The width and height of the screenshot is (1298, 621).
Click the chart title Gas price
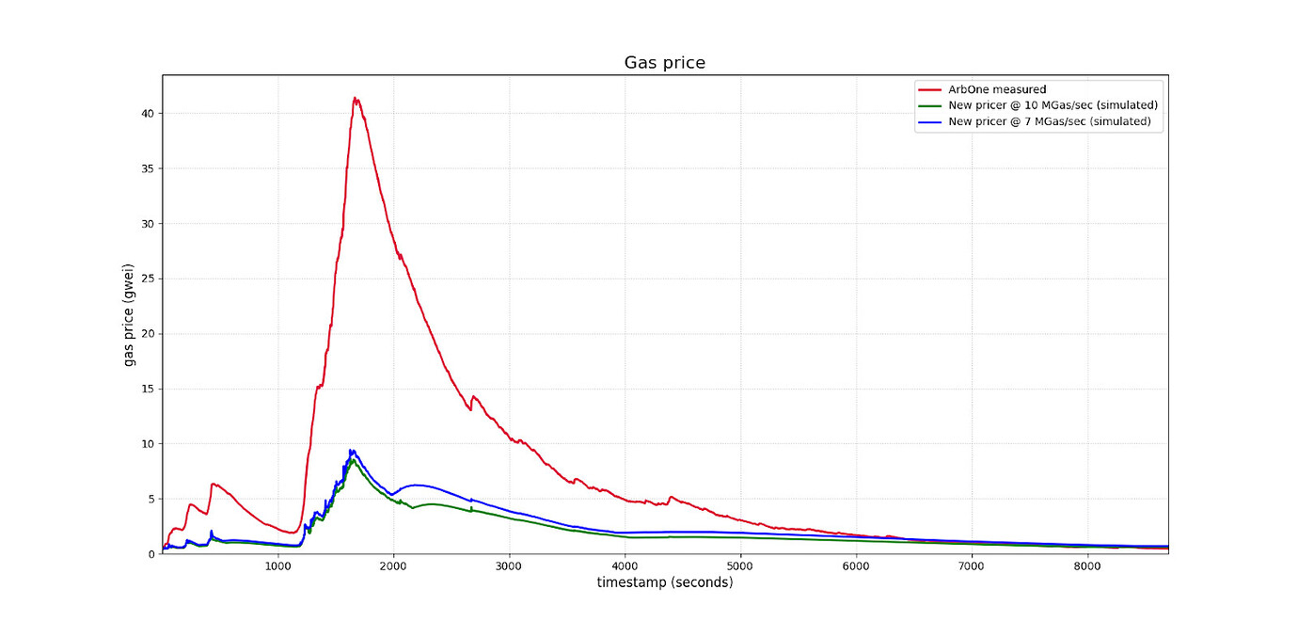[x=664, y=63]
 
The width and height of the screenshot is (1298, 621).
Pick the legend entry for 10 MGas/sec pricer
[x=1053, y=105]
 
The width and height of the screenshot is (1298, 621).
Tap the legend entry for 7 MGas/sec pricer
[x=1050, y=121]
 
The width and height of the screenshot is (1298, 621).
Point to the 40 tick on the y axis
[x=148, y=114]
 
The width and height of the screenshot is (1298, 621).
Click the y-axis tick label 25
[x=148, y=279]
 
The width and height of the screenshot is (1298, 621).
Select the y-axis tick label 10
[x=148, y=444]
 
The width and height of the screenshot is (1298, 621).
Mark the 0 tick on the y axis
[x=150, y=554]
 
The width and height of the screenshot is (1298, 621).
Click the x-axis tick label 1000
[x=277, y=566]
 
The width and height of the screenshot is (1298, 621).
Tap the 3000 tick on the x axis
[x=509, y=566]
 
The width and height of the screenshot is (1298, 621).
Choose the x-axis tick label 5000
[x=740, y=566]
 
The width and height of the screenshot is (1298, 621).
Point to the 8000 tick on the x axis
[x=1087, y=566]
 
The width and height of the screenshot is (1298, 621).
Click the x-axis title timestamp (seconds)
[x=664, y=583]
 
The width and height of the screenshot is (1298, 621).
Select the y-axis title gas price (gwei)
[x=129, y=314]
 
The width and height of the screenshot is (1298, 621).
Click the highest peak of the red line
[x=355, y=98]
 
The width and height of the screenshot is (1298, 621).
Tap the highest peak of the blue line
[x=351, y=451]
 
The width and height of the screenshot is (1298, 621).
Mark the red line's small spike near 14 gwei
[x=473, y=397]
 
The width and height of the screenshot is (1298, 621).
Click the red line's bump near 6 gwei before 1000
[x=214, y=484]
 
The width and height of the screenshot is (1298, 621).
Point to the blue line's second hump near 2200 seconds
[x=416, y=486]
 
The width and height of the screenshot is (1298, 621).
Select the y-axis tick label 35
[x=148, y=168]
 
